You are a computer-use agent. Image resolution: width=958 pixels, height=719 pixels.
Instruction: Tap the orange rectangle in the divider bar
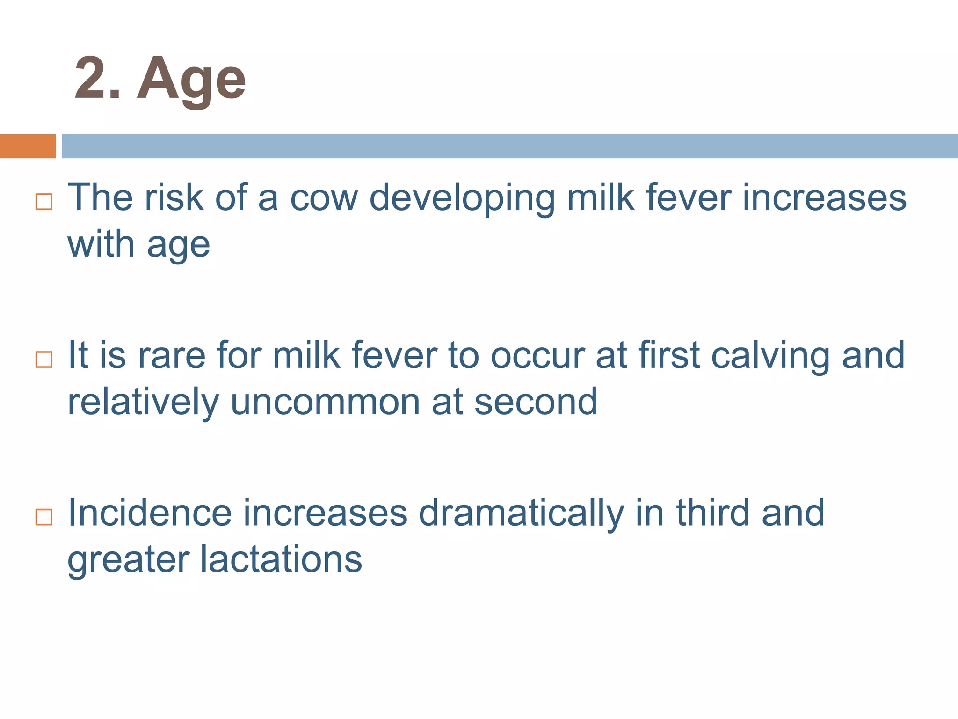click(x=28, y=146)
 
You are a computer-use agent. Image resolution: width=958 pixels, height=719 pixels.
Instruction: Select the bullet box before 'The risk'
click(x=44, y=202)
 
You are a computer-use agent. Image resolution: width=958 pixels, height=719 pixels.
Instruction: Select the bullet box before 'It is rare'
click(x=44, y=359)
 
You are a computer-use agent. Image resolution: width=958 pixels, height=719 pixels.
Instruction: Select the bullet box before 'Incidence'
click(x=44, y=517)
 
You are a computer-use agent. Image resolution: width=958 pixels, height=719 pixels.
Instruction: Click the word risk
click(x=174, y=198)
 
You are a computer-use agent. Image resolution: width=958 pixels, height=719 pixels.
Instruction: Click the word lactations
click(x=281, y=560)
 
